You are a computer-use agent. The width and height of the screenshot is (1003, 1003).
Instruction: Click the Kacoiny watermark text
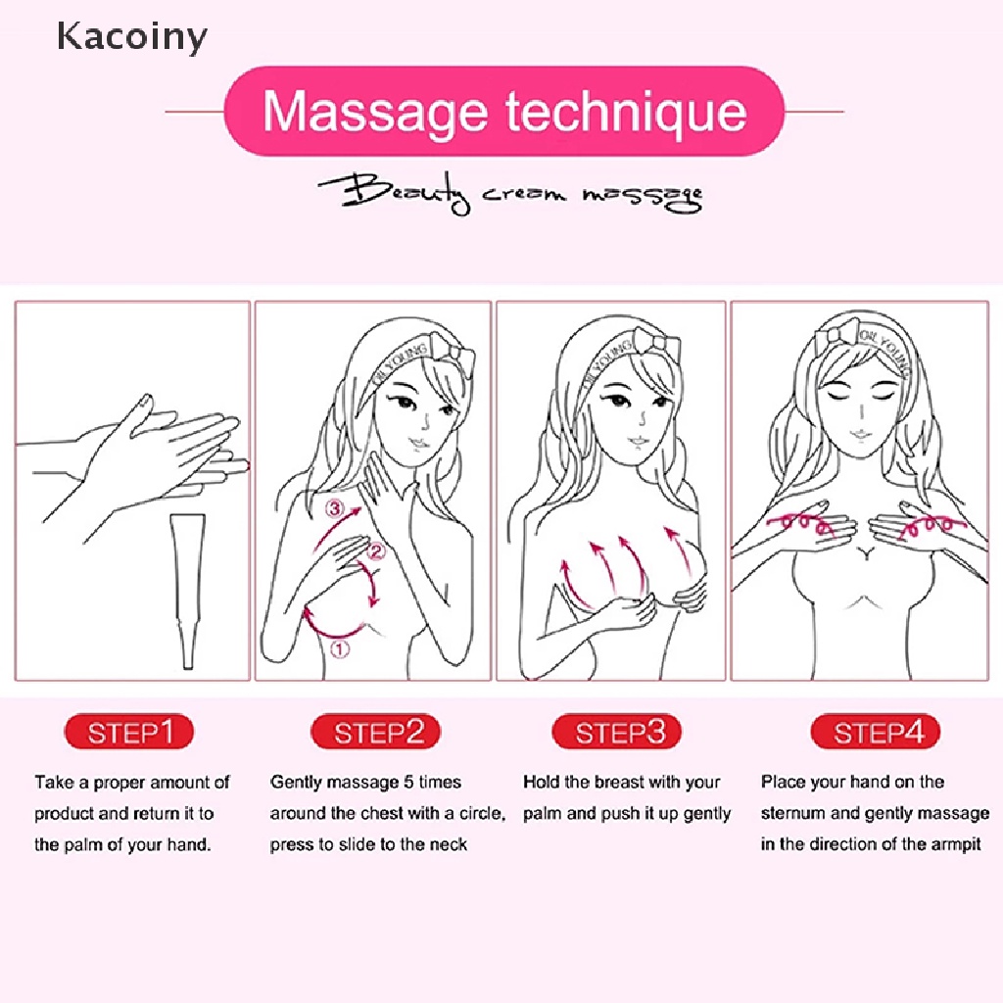pos(131,37)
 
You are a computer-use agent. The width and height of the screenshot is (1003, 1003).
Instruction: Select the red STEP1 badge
pos(128,733)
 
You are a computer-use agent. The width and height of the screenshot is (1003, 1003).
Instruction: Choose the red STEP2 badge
pos(375,733)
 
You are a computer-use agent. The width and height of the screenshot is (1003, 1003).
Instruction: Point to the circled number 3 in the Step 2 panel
pos(336,509)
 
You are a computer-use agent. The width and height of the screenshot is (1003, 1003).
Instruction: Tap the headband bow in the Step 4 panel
pos(836,335)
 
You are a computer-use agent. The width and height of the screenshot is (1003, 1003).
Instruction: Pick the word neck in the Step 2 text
pos(449,844)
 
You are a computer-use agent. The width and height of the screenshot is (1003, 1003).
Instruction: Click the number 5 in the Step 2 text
pos(406,783)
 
